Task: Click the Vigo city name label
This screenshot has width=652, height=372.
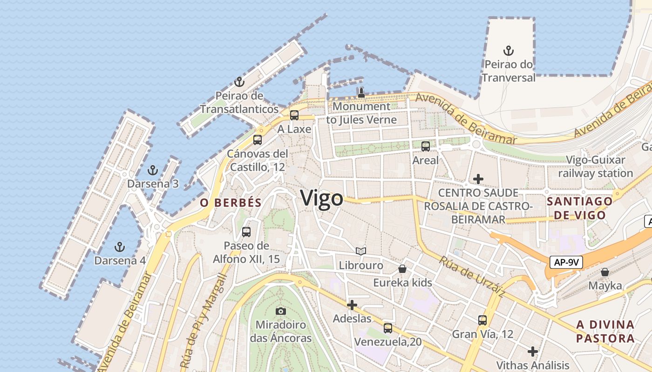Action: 322,198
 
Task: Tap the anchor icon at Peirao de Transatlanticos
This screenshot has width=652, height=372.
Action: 239,82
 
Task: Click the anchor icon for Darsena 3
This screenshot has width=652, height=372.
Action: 152,170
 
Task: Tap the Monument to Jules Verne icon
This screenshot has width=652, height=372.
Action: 361,92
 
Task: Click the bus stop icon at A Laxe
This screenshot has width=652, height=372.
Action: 294,115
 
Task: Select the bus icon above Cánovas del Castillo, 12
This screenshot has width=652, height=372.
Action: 258,139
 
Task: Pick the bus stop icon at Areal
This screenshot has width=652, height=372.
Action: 425,146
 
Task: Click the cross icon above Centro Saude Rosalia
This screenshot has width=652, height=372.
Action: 478,179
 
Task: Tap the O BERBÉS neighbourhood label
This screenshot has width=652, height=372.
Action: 231,203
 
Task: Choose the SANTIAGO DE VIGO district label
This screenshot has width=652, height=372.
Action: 579,208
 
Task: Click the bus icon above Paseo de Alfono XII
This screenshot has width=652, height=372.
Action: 246,232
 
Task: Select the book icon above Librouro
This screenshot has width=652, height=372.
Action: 361,251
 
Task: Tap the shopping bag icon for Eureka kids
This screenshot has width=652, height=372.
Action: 402,269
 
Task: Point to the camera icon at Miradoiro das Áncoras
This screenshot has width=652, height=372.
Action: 280,311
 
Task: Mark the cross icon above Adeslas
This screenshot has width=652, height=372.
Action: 352,305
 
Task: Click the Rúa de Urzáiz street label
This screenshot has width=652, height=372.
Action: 471,277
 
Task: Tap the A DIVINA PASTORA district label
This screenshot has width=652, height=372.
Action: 605,331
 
